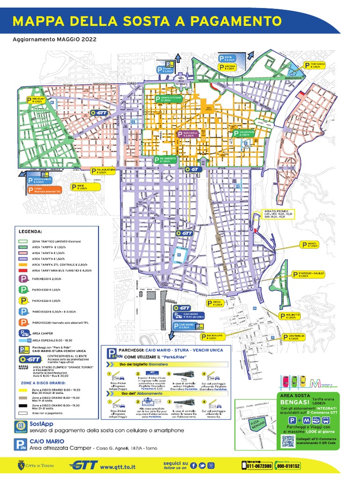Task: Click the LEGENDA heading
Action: pyautogui.click(x=30, y=232)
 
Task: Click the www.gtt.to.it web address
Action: pyautogui.click(x=118, y=467)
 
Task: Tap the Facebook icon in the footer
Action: pyautogui.click(x=194, y=465)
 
